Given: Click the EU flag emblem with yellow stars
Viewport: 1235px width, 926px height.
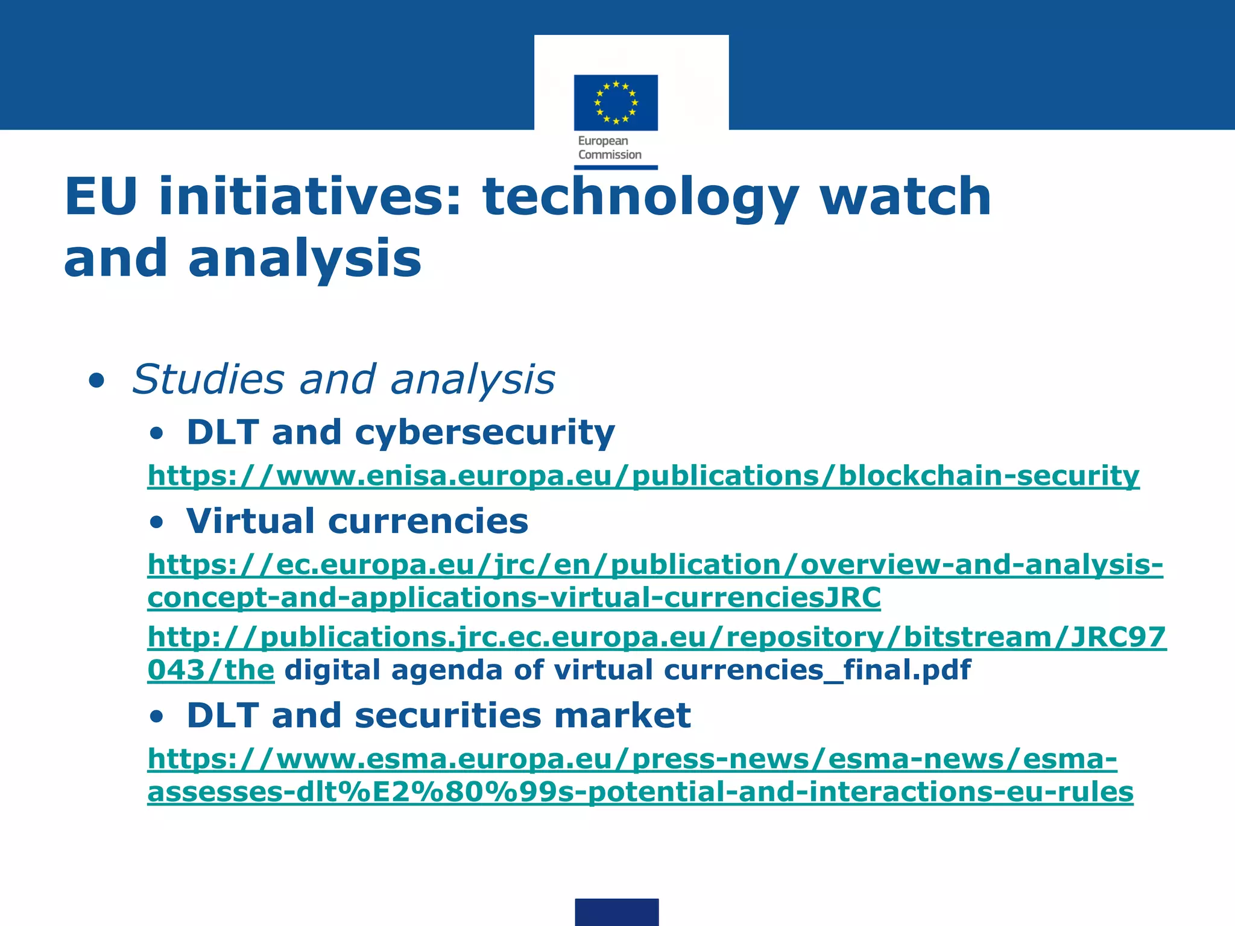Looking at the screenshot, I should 616,102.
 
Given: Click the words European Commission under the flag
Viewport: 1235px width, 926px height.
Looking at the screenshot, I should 609,148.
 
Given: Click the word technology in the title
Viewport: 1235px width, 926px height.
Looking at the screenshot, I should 641,198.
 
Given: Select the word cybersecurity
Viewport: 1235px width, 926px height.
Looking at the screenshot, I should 485,433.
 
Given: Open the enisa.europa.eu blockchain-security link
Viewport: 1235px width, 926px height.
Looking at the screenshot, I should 643,476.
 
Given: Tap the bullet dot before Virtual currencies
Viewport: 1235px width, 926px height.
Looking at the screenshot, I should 157,523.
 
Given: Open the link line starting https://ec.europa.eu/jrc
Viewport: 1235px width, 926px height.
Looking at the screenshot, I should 655,565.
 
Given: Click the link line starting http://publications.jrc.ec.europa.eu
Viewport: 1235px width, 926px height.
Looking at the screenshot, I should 657,637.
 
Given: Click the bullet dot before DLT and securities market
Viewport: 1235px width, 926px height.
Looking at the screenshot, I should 157,717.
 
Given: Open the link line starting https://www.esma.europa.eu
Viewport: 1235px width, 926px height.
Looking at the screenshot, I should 632,759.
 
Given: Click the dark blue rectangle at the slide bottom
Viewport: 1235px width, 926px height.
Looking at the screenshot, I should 616,912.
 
